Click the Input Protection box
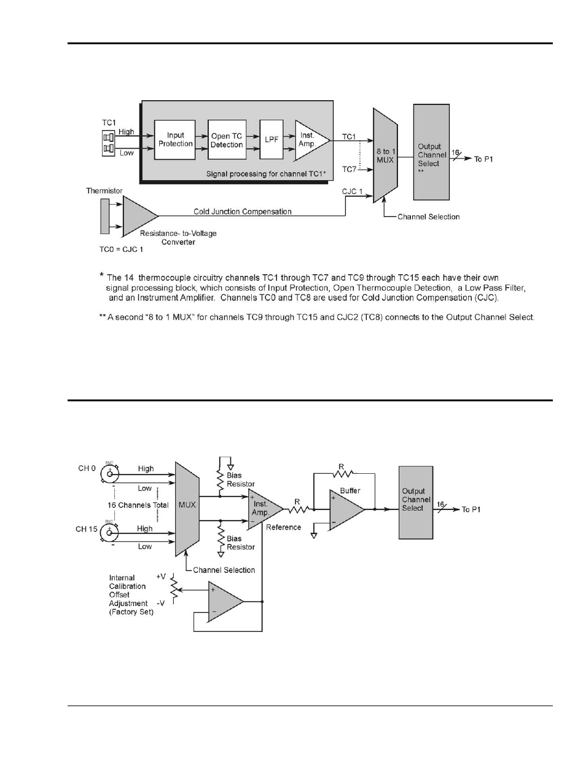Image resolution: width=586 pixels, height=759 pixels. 174,140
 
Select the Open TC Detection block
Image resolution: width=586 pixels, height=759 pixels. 227,140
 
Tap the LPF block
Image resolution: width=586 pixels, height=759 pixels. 272,140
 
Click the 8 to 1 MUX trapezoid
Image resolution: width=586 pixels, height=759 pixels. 385,155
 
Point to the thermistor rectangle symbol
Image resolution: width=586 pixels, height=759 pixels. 104,216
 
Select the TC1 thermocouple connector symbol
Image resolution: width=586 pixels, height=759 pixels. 109,143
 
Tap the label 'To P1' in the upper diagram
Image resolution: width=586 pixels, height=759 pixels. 483,159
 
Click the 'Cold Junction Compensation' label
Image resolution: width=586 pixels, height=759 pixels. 243,211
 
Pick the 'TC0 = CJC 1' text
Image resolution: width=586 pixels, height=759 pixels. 121,250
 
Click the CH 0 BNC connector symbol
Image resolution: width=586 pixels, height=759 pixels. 109,474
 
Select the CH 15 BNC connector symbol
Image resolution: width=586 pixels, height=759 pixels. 109,533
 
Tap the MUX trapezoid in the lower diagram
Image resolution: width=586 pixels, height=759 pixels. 187,509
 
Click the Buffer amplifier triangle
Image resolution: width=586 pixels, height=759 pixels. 347,509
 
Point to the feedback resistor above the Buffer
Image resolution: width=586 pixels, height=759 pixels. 343,473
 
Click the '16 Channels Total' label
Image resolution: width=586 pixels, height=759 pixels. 138,505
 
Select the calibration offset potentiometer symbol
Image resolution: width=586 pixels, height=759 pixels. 173,589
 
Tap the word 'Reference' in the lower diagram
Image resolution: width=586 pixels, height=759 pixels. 283,527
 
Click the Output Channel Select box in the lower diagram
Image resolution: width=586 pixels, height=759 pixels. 416,502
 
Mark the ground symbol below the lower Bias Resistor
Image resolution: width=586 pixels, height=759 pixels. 221,554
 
